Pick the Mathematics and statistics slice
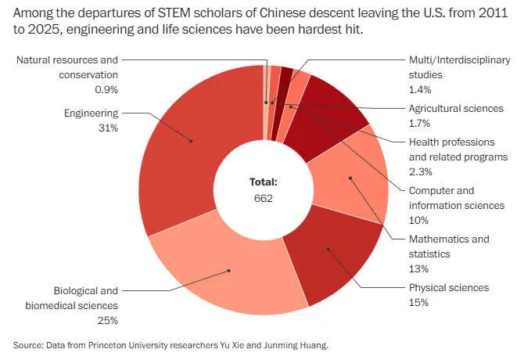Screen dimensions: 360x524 tap(350, 178)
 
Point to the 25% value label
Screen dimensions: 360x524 tap(107, 320)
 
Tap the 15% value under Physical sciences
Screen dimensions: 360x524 tap(419, 302)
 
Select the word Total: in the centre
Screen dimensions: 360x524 tap(264, 182)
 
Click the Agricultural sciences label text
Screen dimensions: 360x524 tap(456, 108)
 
